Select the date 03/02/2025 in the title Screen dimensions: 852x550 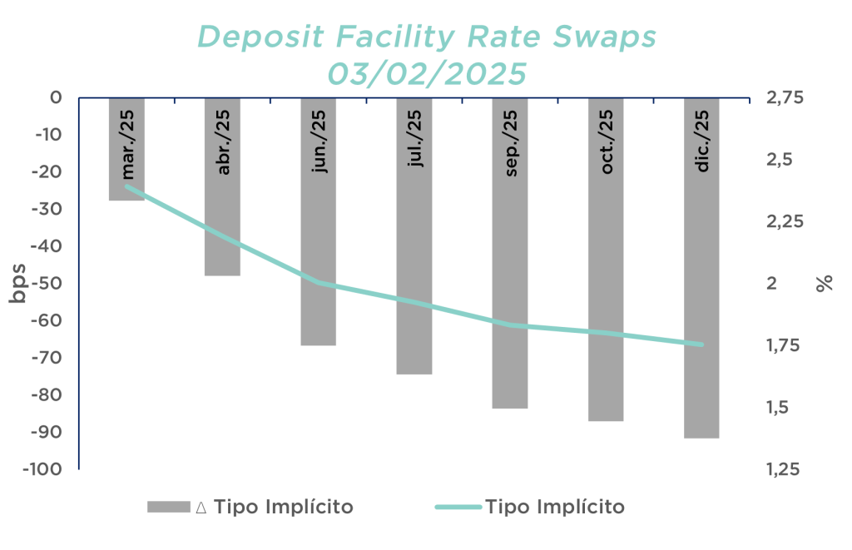click(427, 74)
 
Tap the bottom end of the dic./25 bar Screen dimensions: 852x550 click(701, 438)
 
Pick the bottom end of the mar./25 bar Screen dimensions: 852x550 click(126, 200)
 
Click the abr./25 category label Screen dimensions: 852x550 click(223, 142)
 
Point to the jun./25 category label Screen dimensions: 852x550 click(319, 141)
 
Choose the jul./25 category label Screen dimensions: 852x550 click(415, 138)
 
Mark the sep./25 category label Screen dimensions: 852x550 click(511, 143)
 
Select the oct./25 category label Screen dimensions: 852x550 click(607, 141)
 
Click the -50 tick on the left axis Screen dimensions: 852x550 click(47, 283)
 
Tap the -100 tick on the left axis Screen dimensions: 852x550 click(42, 469)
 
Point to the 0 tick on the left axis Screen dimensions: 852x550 click(56, 98)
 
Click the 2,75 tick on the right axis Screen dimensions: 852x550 click(784, 98)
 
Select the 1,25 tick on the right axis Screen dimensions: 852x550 click(783, 469)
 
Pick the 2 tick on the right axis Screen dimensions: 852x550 click(771, 283)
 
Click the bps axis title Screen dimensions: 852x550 click(18, 283)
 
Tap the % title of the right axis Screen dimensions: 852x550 click(825, 283)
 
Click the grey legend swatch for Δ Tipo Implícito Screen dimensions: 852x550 click(168, 507)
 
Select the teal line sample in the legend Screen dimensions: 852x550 click(458, 507)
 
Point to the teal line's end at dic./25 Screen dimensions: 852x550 click(701, 344)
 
